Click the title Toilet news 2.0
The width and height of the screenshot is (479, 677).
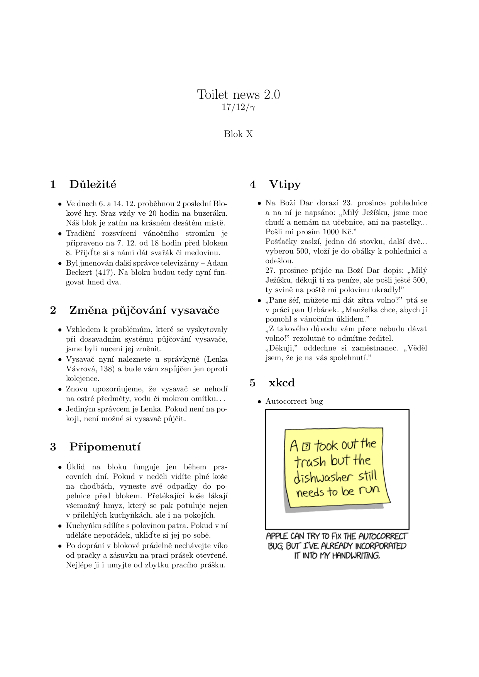pos(239,95)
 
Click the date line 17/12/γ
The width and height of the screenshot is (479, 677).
pos(239,107)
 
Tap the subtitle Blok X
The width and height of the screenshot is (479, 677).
pos(239,134)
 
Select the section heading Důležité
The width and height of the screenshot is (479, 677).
pos(93,184)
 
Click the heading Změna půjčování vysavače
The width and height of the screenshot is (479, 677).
pos(144,310)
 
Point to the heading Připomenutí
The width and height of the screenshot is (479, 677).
pos(105,447)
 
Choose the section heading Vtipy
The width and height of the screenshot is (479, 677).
pos(285,184)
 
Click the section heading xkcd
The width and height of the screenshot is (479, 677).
pos(282,383)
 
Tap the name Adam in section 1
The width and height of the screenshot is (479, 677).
pos(217,263)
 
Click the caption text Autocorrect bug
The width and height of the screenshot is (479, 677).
pos(294,401)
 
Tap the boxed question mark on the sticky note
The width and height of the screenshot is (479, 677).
pos(306,447)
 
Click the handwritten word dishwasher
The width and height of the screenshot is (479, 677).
pos(323,478)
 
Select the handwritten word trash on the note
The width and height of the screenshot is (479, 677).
pos(310,462)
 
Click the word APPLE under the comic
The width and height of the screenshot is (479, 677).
pos(277,536)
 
